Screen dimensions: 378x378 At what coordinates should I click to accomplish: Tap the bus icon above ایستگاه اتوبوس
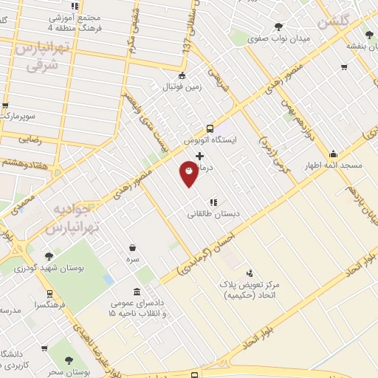click(x=210, y=127)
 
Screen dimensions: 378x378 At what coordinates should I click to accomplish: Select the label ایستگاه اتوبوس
click(x=210, y=139)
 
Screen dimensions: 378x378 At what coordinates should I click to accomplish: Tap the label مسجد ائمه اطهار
click(x=334, y=166)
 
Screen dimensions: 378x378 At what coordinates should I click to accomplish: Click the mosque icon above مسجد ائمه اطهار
click(x=334, y=154)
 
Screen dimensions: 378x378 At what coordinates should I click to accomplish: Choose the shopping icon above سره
click(x=132, y=248)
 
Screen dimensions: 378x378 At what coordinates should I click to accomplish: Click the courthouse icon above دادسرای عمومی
click(x=136, y=292)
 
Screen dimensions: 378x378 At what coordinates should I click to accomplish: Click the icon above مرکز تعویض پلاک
click(x=249, y=273)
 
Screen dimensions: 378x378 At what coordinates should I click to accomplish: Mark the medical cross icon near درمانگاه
click(x=199, y=156)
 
